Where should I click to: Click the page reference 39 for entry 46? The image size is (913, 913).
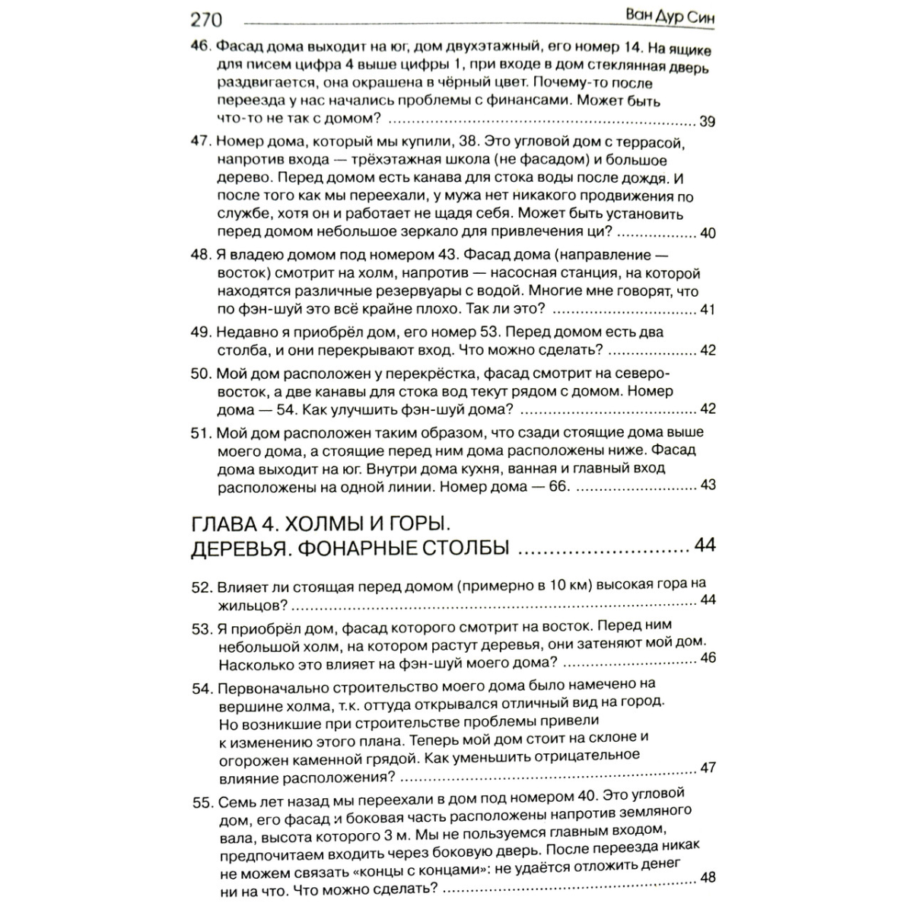point(707,122)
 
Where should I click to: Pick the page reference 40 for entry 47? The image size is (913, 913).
point(707,233)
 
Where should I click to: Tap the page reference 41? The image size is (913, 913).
point(707,310)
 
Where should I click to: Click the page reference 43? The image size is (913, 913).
point(708,485)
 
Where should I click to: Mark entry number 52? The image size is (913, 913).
point(201,587)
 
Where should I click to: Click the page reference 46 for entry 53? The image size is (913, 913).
point(708,657)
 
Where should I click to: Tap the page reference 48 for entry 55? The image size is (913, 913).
point(708,877)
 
